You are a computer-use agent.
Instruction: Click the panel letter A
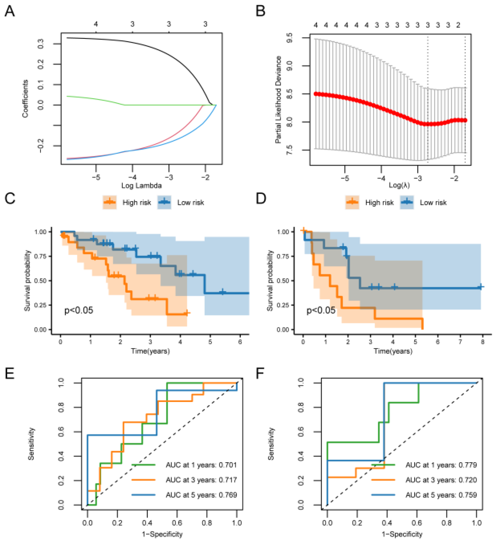pyautogui.click(x=10, y=11)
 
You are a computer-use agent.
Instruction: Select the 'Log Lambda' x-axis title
pyautogui.click(x=141, y=186)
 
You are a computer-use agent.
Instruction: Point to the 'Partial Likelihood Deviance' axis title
pyautogui.click(x=278, y=100)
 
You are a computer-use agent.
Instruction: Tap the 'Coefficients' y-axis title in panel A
pyautogui.click(x=25, y=98)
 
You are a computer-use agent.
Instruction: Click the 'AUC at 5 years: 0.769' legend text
pyautogui.click(x=201, y=495)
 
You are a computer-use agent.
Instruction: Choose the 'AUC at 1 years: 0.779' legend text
pyautogui.click(x=441, y=465)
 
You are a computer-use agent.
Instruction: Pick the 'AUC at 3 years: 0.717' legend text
pyautogui.click(x=201, y=480)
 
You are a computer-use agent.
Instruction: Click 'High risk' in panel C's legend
pyautogui.click(x=136, y=203)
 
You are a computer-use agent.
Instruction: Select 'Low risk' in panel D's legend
pyautogui.click(x=433, y=203)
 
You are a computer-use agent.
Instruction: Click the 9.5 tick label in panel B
pyautogui.click(x=290, y=38)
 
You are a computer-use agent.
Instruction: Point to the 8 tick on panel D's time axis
pyautogui.click(x=483, y=342)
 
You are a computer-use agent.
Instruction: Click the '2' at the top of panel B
pyautogui.click(x=458, y=25)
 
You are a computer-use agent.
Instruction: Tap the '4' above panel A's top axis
pyautogui.click(x=96, y=24)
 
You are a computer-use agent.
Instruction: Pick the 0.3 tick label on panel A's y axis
pyautogui.click(x=41, y=44)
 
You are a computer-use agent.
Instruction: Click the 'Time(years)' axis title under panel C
pyautogui.click(x=150, y=351)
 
